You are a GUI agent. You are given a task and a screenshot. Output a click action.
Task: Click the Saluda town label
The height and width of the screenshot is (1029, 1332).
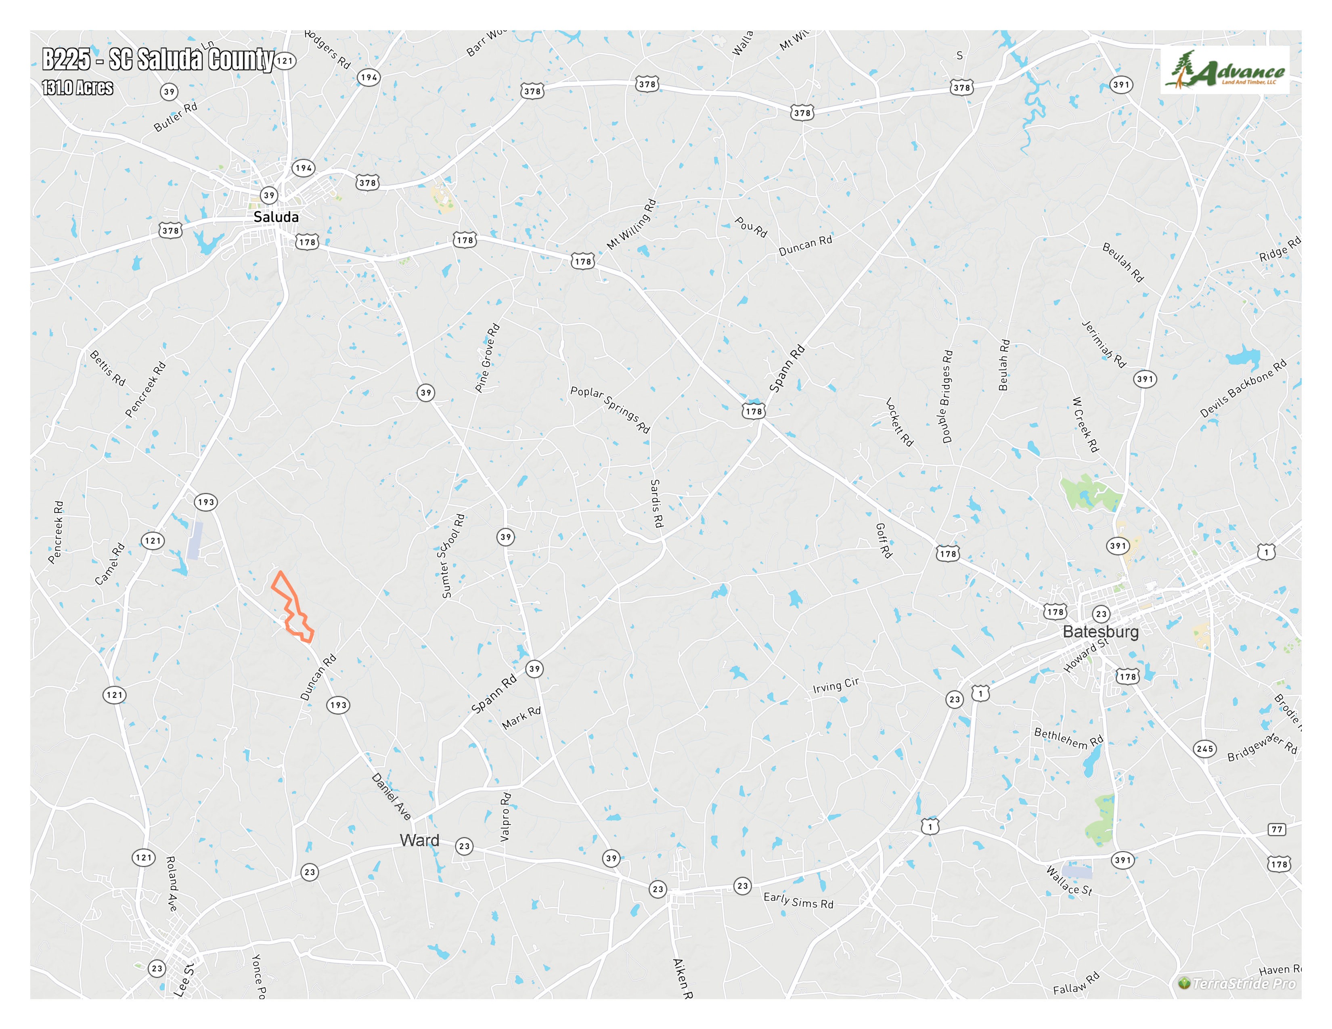click(276, 217)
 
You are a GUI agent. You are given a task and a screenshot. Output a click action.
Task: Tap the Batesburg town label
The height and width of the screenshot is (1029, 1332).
click(1100, 631)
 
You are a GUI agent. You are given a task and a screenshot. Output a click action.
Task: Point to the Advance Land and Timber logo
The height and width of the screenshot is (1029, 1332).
click(1225, 70)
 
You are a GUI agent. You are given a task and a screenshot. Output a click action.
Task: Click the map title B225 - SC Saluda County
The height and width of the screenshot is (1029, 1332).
click(157, 60)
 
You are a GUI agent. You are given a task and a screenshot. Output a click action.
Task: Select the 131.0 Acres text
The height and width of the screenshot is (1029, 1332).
click(77, 88)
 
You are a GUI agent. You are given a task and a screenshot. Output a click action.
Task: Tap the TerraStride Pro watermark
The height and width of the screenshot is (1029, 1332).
click(1238, 983)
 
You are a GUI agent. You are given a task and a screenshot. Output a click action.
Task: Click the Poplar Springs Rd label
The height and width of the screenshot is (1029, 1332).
click(610, 409)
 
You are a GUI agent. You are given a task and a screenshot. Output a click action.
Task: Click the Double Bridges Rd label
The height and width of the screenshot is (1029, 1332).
click(947, 396)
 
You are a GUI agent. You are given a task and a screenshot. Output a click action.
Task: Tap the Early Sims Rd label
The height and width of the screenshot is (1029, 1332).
click(798, 900)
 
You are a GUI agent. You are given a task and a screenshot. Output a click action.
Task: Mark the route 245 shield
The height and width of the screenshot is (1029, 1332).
click(1204, 748)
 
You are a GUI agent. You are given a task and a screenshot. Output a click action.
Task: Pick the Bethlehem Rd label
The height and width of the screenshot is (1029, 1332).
click(1068, 738)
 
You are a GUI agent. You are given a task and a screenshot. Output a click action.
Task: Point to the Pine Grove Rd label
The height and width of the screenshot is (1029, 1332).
click(487, 358)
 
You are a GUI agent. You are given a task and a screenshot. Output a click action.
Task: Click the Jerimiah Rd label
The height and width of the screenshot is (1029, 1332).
click(1103, 344)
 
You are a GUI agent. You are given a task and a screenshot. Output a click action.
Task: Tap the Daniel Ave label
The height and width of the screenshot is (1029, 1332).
click(392, 796)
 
